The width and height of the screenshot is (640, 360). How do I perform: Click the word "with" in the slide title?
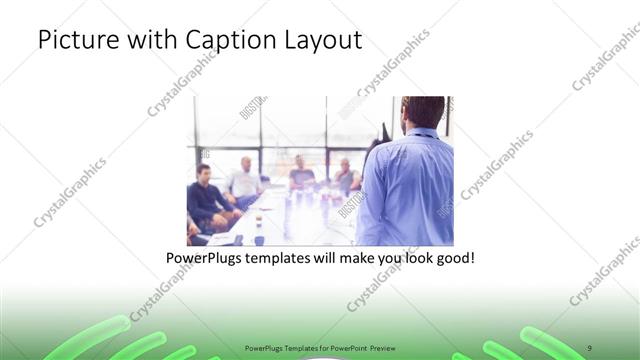pos(146,41)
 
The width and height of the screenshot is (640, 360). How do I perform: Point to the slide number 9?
pos(589,347)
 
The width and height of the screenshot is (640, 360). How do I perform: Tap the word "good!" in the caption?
pos(453,258)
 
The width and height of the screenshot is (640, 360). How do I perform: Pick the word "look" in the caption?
pos(411,258)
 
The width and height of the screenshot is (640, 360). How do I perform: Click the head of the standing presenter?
pos(423,111)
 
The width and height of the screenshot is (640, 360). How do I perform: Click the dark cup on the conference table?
pos(257,228)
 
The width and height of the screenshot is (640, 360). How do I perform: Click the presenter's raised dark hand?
pos(385,130)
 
